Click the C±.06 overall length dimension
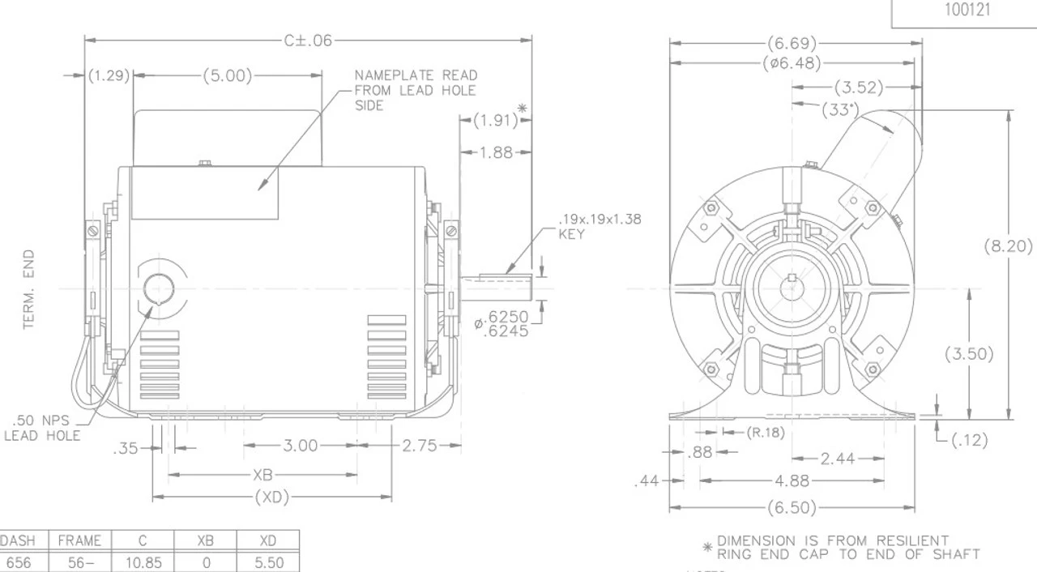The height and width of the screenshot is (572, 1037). click(x=308, y=41)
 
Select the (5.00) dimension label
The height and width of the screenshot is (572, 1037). click(x=227, y=76)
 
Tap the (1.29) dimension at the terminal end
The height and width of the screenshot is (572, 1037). click(x=109, y=76)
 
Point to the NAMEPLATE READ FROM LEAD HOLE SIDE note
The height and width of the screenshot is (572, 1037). click(x=415, y=90)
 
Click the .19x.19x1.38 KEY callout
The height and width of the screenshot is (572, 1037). click(x=600, y=227)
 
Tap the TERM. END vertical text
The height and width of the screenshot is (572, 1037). click(x=30, y=289)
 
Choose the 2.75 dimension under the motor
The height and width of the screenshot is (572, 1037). click(x=419, y=446)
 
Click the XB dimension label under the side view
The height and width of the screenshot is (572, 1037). click(x=262, y=475)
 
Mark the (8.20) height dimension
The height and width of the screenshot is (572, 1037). click(x=1008, y=246)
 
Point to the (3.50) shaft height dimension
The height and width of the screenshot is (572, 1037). click(x=969, y=354)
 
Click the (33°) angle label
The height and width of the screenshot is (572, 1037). click(x=839, y=110)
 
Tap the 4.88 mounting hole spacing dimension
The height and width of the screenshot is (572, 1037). click(x=792, y=480)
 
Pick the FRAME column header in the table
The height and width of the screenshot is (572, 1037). click(x=79, y=540)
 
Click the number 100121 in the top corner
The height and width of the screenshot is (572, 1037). click(x=967, y=11)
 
